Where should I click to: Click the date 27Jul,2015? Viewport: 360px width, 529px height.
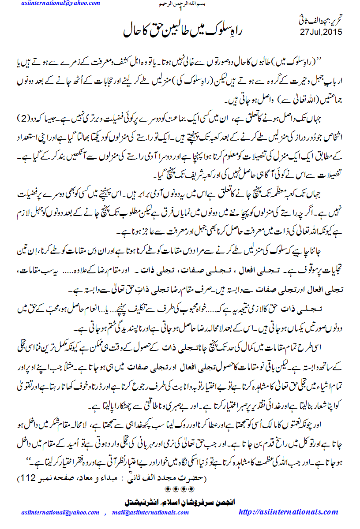coord(321,32)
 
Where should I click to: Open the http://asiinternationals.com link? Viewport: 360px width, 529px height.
coord(288,512)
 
